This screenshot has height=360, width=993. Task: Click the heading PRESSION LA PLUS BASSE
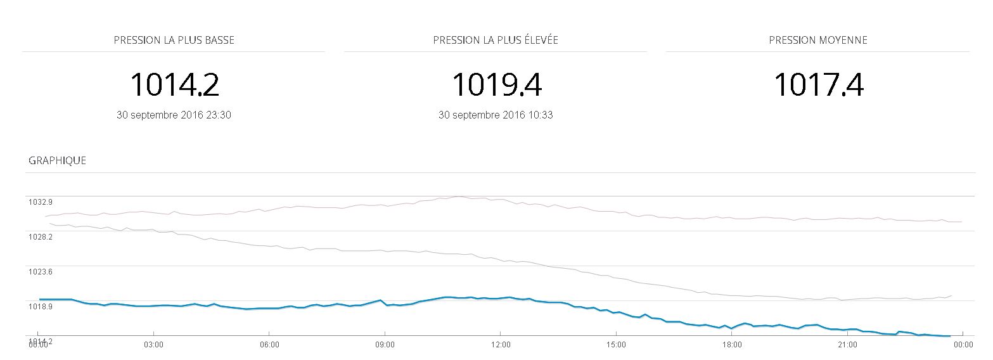[x=174, y=40]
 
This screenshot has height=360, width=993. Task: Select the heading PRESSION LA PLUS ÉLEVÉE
[x=496, y=40]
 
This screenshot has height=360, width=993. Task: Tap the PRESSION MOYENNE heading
[x=818, y=40]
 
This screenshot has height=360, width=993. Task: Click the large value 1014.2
[x=174, y=84]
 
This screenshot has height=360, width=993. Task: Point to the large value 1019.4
[x=496, y=84]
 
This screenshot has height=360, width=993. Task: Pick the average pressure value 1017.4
[x=819, y=84]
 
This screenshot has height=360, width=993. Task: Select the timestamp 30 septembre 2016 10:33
[x=496, y=115]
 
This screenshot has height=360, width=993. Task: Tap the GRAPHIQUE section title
[x=57, y=160]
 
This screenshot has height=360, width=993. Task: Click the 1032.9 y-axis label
[x=40, y=202]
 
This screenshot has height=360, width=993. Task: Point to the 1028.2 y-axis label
[x=40, y=237]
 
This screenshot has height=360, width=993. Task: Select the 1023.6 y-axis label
[x=40, y=272]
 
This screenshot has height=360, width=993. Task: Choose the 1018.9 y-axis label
[x=40, y=307]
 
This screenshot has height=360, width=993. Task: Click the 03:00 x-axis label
[x=153, y=344]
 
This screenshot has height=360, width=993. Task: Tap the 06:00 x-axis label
[x=269, y=344]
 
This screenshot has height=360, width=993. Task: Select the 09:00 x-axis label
[x=385, y=344]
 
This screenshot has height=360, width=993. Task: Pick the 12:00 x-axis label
[x=501, y=344]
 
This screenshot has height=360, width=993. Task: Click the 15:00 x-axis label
[x=616, y=344]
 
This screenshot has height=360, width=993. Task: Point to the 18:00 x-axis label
[x=732, y=344]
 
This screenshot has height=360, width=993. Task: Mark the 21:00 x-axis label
[x=847, y=344]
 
